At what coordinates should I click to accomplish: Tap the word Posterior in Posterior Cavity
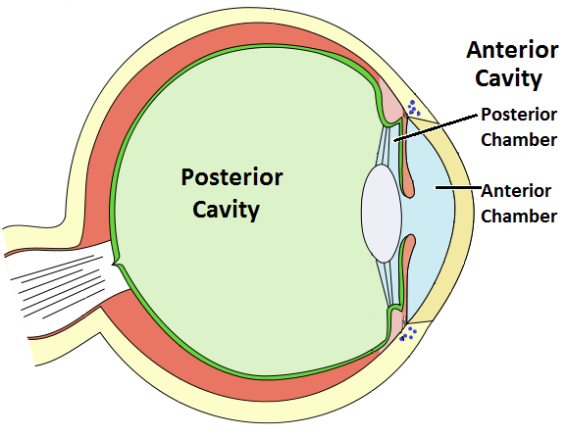[232, 178]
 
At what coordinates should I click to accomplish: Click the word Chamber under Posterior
[519, 138]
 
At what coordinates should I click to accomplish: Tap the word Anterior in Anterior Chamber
[516, 190]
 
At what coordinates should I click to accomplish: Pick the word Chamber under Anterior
[519, 215]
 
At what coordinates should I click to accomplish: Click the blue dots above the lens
[413, 108]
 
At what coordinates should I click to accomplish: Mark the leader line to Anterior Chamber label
[452, 186]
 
